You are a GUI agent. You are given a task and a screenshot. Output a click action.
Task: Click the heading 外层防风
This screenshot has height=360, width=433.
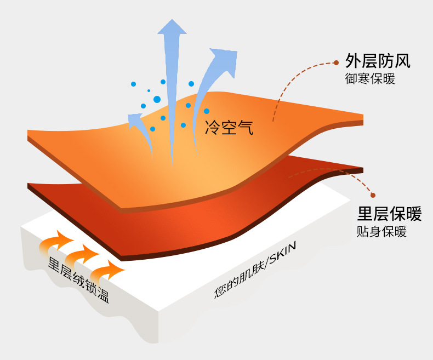click(x=378, y=61)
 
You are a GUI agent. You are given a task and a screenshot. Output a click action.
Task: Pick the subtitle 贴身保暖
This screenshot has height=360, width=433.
click(x=381, y=231)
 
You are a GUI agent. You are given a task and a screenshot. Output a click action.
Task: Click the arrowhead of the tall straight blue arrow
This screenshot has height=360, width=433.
click(x=172, y=27)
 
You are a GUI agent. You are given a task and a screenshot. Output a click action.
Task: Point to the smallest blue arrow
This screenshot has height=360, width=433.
click(x=134, y=121)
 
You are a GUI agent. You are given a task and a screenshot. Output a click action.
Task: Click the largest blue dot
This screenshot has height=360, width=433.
click(x=157, y=99)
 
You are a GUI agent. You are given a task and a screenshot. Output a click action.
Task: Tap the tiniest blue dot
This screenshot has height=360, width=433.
click(x=149, y=90)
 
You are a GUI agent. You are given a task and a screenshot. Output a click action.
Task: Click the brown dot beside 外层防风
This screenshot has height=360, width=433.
click(x=336, y=63)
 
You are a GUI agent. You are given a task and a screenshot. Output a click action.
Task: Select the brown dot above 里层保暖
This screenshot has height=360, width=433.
click(x=373, y=195)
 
